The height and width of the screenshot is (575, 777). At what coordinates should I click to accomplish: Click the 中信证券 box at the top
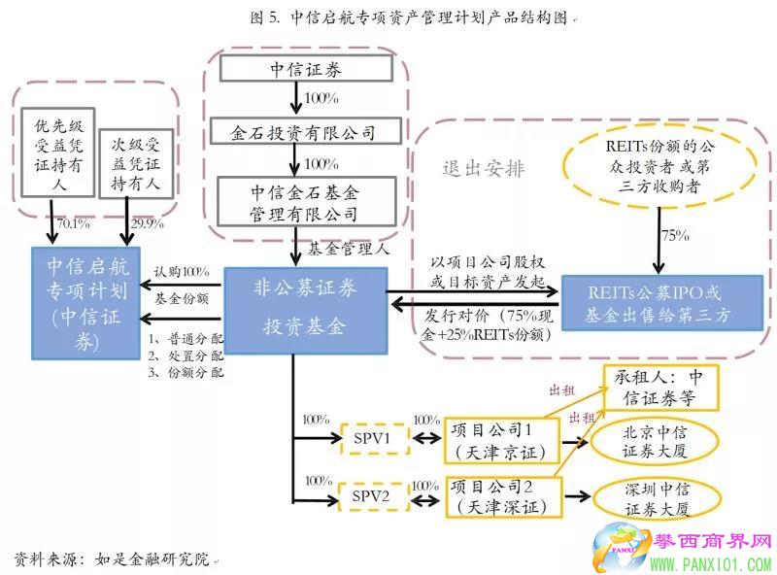tap(305, 69)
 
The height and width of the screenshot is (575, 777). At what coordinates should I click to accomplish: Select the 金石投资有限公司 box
tap(305, 131)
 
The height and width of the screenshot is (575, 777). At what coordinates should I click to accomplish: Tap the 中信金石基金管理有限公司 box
tap(305, 201)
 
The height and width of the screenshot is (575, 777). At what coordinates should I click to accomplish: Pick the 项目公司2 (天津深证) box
tap(499, 495)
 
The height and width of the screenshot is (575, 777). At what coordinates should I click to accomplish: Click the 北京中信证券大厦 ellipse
tap(657, 437)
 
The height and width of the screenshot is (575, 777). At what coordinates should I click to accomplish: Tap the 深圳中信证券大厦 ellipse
tap(657, 498)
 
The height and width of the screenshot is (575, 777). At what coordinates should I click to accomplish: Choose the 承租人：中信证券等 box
tap(660, 387)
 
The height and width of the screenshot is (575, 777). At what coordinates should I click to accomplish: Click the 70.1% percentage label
tap(74, 224)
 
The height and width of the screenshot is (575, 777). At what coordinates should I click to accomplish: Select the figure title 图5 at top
tap(388, 17)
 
